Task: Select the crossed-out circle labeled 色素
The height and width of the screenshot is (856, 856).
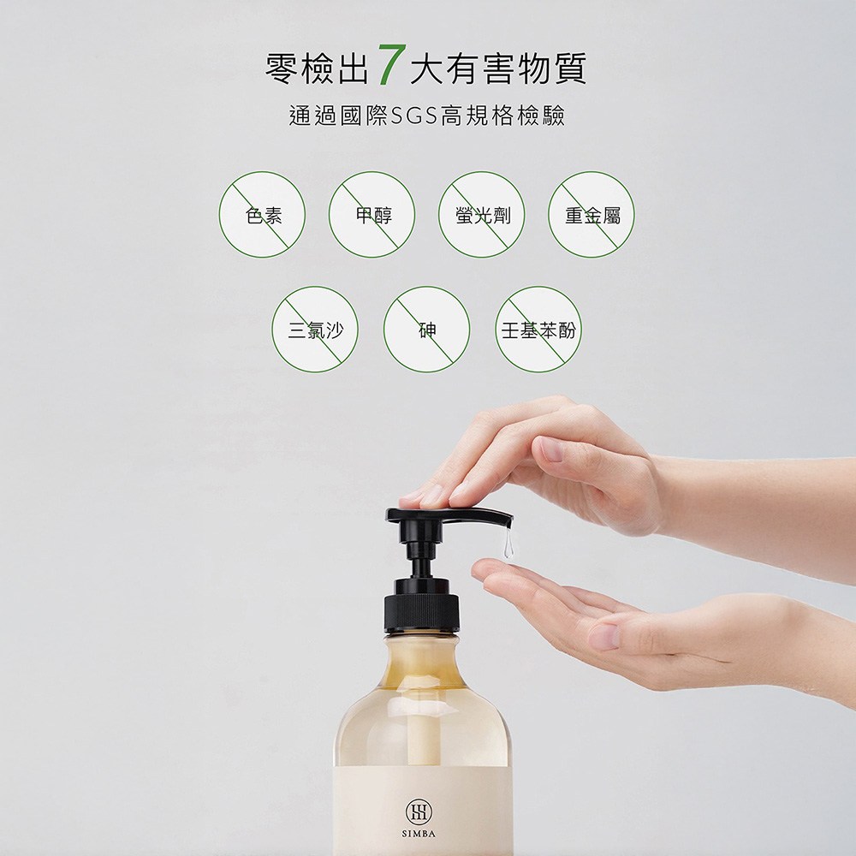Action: [x=262, y=215]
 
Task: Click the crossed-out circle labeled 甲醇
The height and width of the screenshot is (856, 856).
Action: [x=372, y=215]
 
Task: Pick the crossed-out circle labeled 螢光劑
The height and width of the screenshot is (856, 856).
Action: [x=481, y=215]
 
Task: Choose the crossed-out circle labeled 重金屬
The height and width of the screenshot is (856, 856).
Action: [x=591, y=215]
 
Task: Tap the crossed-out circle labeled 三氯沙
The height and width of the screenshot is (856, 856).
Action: [x=315, y=330]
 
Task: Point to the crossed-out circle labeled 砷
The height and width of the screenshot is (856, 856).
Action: [x=426, y=330]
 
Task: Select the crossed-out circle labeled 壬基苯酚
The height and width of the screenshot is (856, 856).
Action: [x=538, y=330]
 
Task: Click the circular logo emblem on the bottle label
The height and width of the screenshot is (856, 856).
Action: [x=419, y=811]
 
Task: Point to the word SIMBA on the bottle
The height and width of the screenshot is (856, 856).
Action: [x=419, y=834]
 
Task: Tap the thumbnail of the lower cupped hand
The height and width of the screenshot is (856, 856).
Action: [x=603, y=636]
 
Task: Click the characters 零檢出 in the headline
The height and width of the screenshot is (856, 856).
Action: [x=318, y=69]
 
